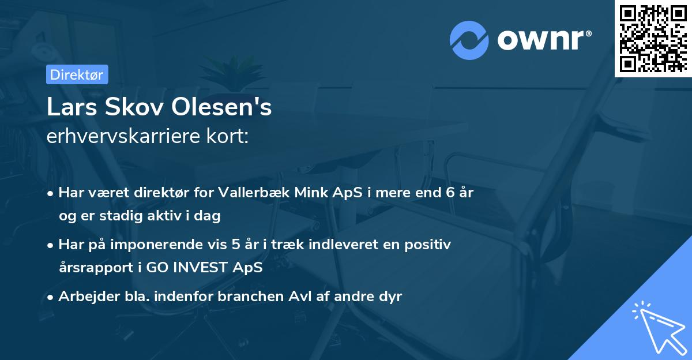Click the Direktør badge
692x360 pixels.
(x=76, y=75)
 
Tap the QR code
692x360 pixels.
(x=653, y=39)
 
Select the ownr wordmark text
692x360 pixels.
(x=544, y=40)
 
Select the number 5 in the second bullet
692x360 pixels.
(x=236, y=245)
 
